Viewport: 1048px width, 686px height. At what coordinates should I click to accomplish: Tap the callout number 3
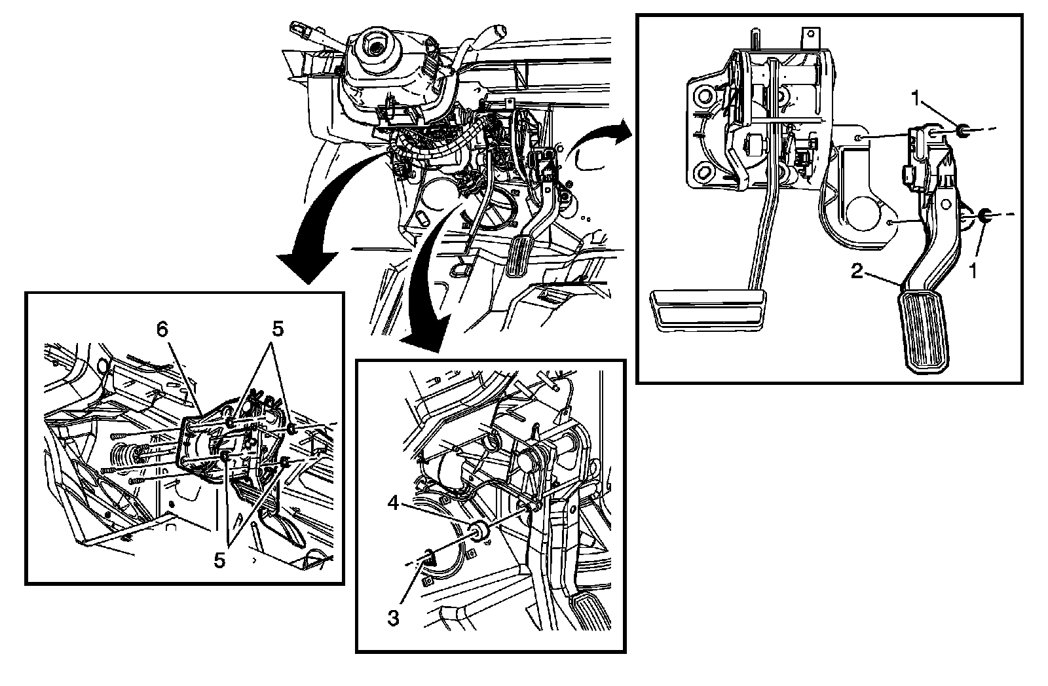[393, 617]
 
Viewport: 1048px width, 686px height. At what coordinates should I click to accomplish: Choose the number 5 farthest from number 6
[220, 561]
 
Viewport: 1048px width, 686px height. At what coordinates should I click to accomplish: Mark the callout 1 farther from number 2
[917, 98]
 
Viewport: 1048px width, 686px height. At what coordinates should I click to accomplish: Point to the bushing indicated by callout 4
[480, 533]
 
